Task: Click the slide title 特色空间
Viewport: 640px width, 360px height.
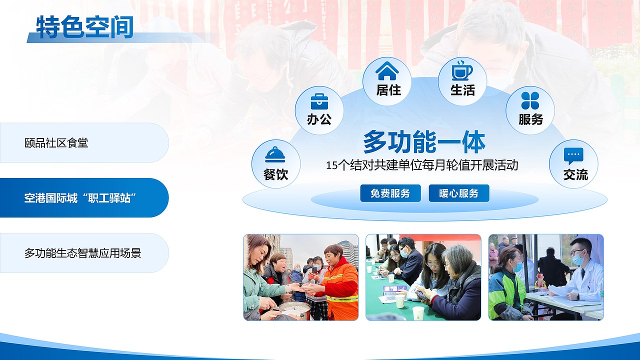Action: click(85, 27)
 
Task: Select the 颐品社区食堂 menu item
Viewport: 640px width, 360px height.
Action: click(56, 143)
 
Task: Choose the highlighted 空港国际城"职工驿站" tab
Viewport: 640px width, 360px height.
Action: click(80, 198)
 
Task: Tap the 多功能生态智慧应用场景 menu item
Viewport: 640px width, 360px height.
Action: click(83, 253)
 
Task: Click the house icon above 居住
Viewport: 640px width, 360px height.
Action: click(387, 71)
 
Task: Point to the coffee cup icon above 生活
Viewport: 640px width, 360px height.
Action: click(462, 70)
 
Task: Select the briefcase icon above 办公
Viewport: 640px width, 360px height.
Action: click(319, 101)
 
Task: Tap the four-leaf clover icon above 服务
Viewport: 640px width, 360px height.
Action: click(530, 100)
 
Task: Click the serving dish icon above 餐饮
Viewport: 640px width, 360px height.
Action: click(275, 154)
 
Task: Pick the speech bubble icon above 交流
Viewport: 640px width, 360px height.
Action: click(573, 155)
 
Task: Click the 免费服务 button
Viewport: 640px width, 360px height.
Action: click(390, 193)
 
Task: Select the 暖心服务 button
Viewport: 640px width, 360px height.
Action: click(459, 193)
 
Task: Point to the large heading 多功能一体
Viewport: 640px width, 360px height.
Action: click(424, 142)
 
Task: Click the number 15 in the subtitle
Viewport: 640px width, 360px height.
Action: click(332, 165)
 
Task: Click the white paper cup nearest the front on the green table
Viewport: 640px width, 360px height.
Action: click(418, 313)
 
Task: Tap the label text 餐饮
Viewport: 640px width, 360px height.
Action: click(275, 175)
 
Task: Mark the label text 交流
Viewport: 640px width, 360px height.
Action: click(575, 175)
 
